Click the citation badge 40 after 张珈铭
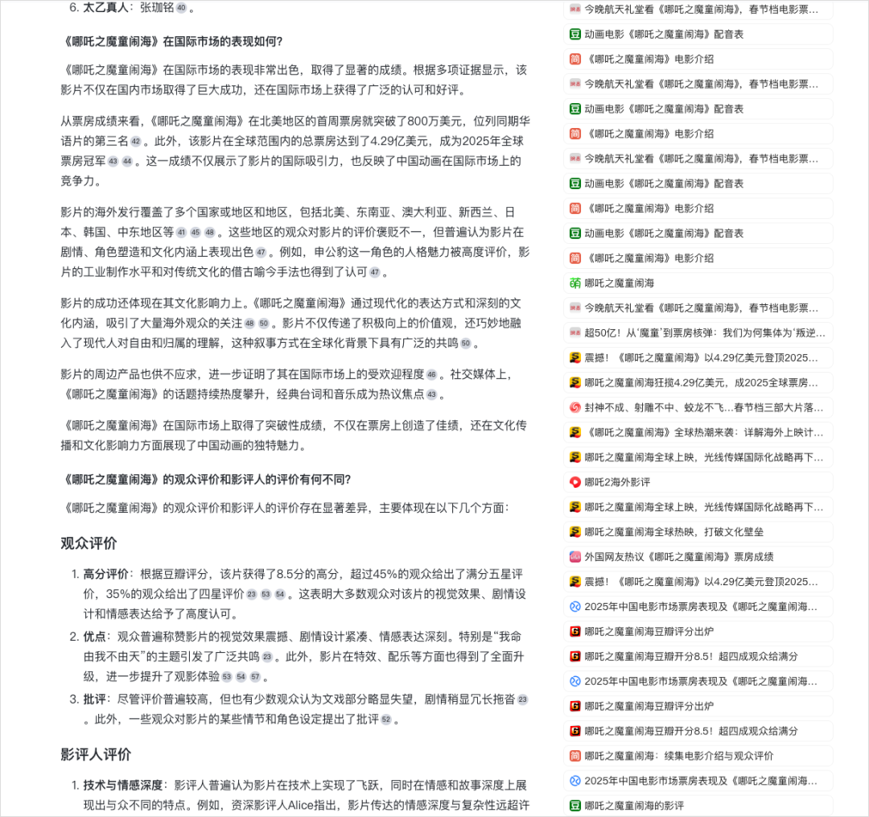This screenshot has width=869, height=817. [x=181, y=8]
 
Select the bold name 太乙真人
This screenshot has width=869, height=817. [x=108, y=8]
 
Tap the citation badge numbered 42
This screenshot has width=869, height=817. [x=135, y=142]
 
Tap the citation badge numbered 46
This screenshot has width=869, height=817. [x=432, y=375]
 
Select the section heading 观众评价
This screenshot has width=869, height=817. [x=89, y=543]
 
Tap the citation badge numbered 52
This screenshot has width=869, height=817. [x=386, y=720]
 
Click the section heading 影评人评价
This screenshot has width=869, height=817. [x=96, y=755]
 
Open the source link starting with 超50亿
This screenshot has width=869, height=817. [x=700, y=332]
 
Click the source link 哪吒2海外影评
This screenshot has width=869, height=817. [x=617, y=482]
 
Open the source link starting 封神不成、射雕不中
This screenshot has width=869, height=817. [x=700, y=407]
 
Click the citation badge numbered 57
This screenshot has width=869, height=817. [x=255, y=677]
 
